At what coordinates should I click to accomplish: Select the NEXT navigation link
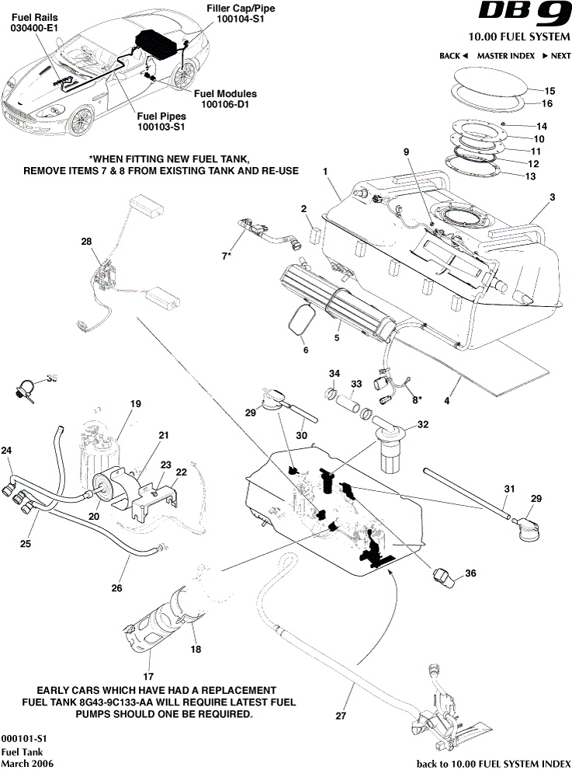pos(556,56)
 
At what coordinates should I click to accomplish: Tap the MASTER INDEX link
pos(505,56)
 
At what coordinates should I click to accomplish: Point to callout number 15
pos(550,91)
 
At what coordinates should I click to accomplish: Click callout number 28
pos(86,242)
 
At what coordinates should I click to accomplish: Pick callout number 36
pos(470,573)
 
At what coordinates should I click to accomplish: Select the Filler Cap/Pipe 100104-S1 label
pos(241,12)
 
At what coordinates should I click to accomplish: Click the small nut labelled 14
pos(504,124)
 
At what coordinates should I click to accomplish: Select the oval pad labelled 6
pos(302,320)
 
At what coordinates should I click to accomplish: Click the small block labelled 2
pos(314,235)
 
